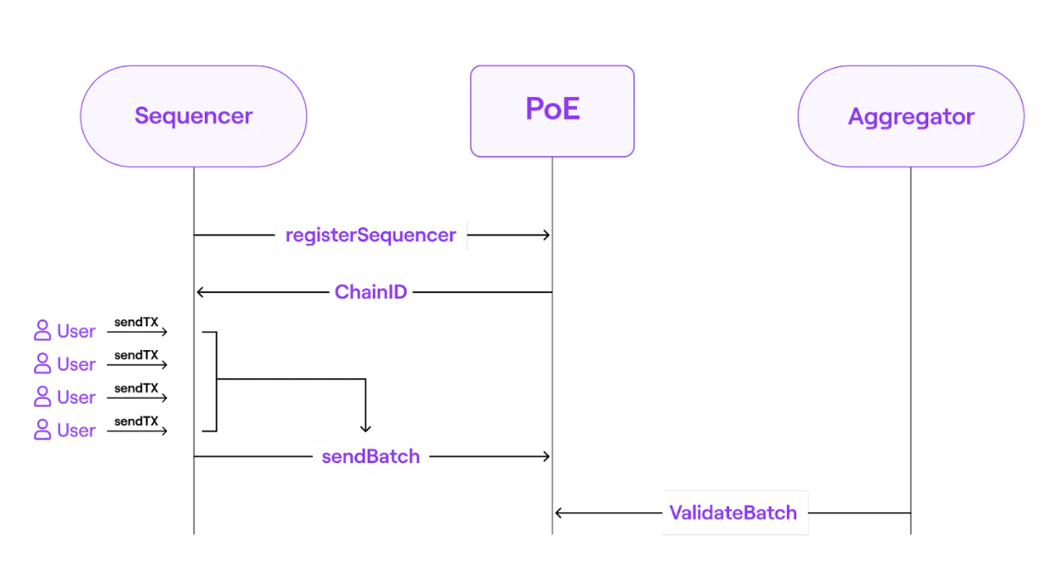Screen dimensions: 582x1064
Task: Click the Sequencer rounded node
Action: tap(193, 116)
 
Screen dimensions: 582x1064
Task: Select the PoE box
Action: tap(552, 111)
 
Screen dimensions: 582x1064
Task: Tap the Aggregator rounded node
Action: tap(910, 116)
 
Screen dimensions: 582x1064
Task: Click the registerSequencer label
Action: tap(371, 235)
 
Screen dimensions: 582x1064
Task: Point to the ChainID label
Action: tap(371, 292)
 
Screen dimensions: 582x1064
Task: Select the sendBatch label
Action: tap(371, 456)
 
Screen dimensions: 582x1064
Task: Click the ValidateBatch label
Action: tap(733, 513)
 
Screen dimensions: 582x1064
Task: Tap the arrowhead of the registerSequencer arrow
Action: tap(546, 235)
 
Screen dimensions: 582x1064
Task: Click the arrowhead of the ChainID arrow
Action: tap(201, 292)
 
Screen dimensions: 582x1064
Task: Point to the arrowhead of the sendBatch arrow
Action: tap(546, 456)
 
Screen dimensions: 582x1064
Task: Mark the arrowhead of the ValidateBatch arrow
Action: tap(559, 513)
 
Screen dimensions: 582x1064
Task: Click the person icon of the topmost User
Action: tap(42, 331)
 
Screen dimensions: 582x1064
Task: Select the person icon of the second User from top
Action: tap(42, 364)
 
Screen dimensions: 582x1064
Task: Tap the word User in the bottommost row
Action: tap(76, 431)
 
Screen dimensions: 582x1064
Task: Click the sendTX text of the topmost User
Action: tap(136, 322)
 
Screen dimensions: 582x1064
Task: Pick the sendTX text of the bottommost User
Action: tap(136, 421)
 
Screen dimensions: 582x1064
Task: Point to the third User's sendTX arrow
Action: tap(138, 398)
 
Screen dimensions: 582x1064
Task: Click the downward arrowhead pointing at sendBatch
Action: tap(365, 428)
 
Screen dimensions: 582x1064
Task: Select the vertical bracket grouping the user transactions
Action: tap(217, 381)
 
